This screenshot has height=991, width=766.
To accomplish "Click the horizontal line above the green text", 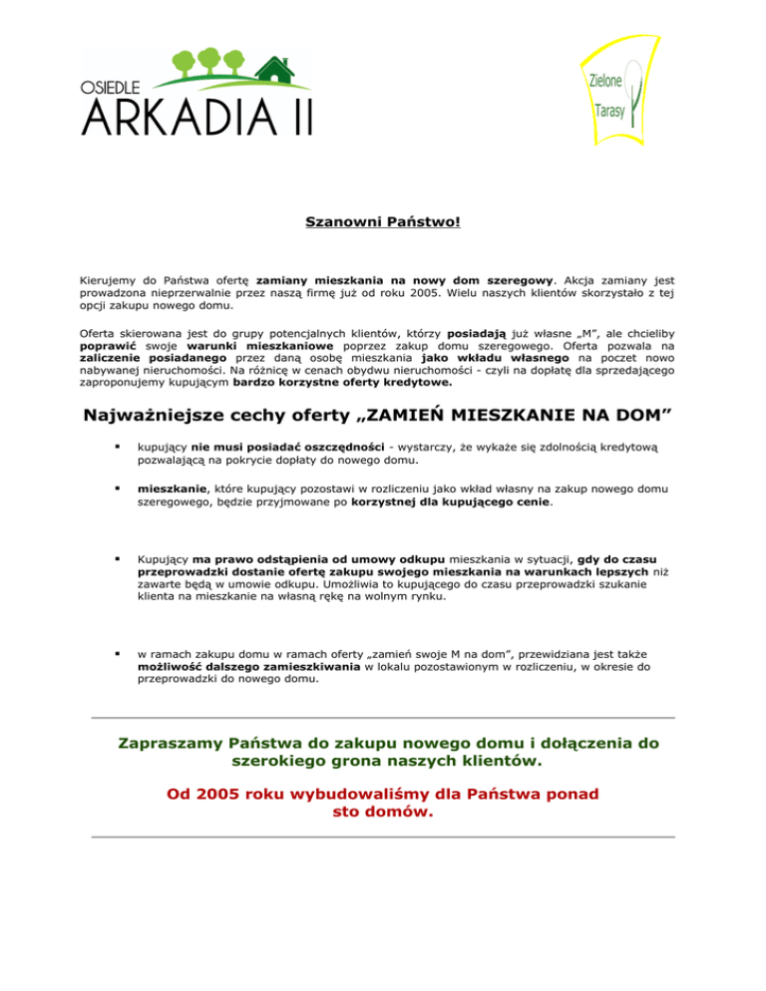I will click(383, 718).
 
